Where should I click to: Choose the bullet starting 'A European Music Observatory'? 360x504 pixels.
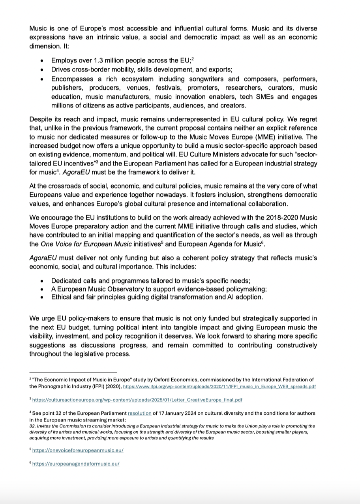tap(159, 289)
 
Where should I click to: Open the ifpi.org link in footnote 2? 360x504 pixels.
tap(219, 386)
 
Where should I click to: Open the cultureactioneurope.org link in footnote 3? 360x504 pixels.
tap(137, 400)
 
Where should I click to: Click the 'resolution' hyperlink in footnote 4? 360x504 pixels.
tap(139, 413)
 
